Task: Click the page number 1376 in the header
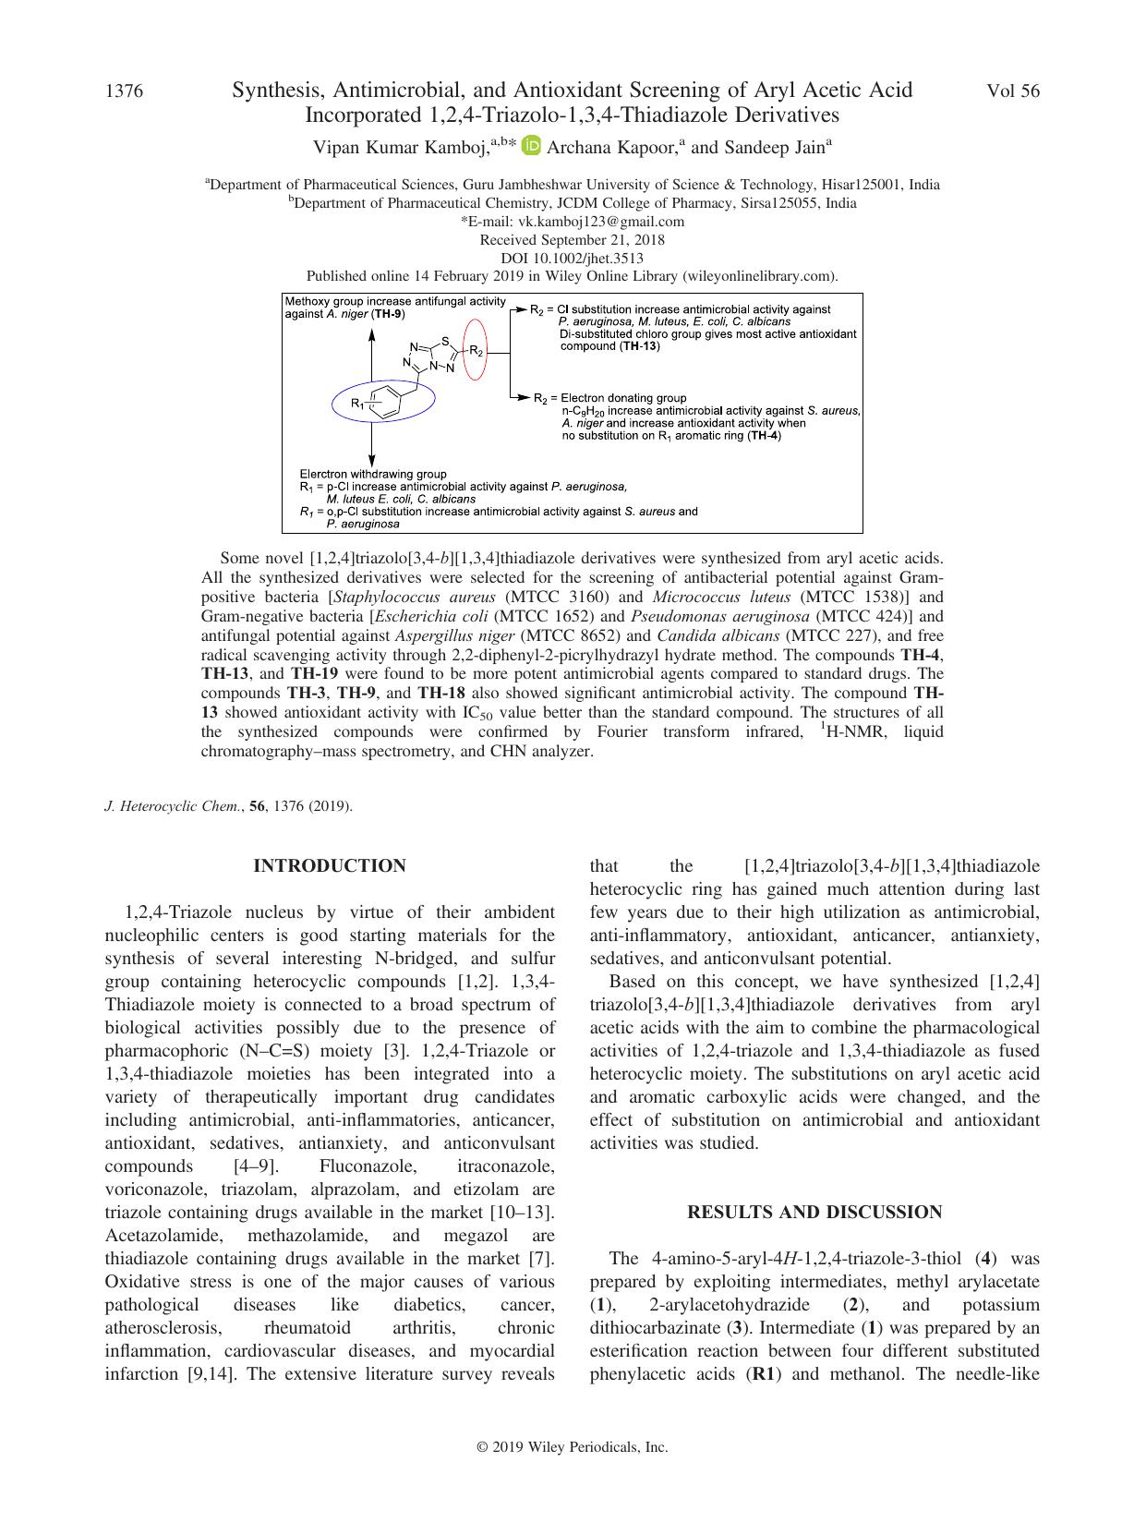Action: pyautogui.click(x=125, y=91)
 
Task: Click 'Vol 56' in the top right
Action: pyautogui.click(x=1013, y=91)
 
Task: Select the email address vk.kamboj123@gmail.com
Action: pyautogui.click(x=573, y=222)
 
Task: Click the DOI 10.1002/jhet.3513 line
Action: pyautogui.click(x=572, y=259)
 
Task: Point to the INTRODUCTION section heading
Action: pyautogui.click(x=330, y=865)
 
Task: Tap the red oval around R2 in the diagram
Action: pyautogui.click(x=475, y=349)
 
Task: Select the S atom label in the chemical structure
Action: pyautogui.click(x=445, y=340)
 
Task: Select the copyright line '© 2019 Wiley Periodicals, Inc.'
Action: pyautogui.click(x=572, y=1448)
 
